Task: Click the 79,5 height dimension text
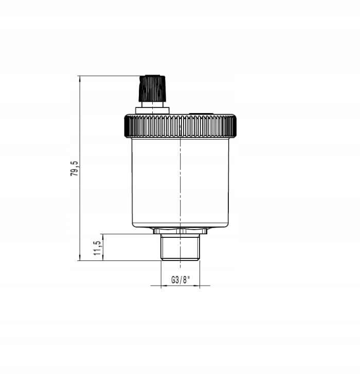74,169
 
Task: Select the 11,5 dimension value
97,248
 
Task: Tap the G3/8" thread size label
181,279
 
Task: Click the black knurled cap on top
152,88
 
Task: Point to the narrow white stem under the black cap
152,104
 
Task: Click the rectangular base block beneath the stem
152,110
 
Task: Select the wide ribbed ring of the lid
181,126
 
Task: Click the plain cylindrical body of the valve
181,183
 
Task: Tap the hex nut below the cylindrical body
180,231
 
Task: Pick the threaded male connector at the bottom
180,247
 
